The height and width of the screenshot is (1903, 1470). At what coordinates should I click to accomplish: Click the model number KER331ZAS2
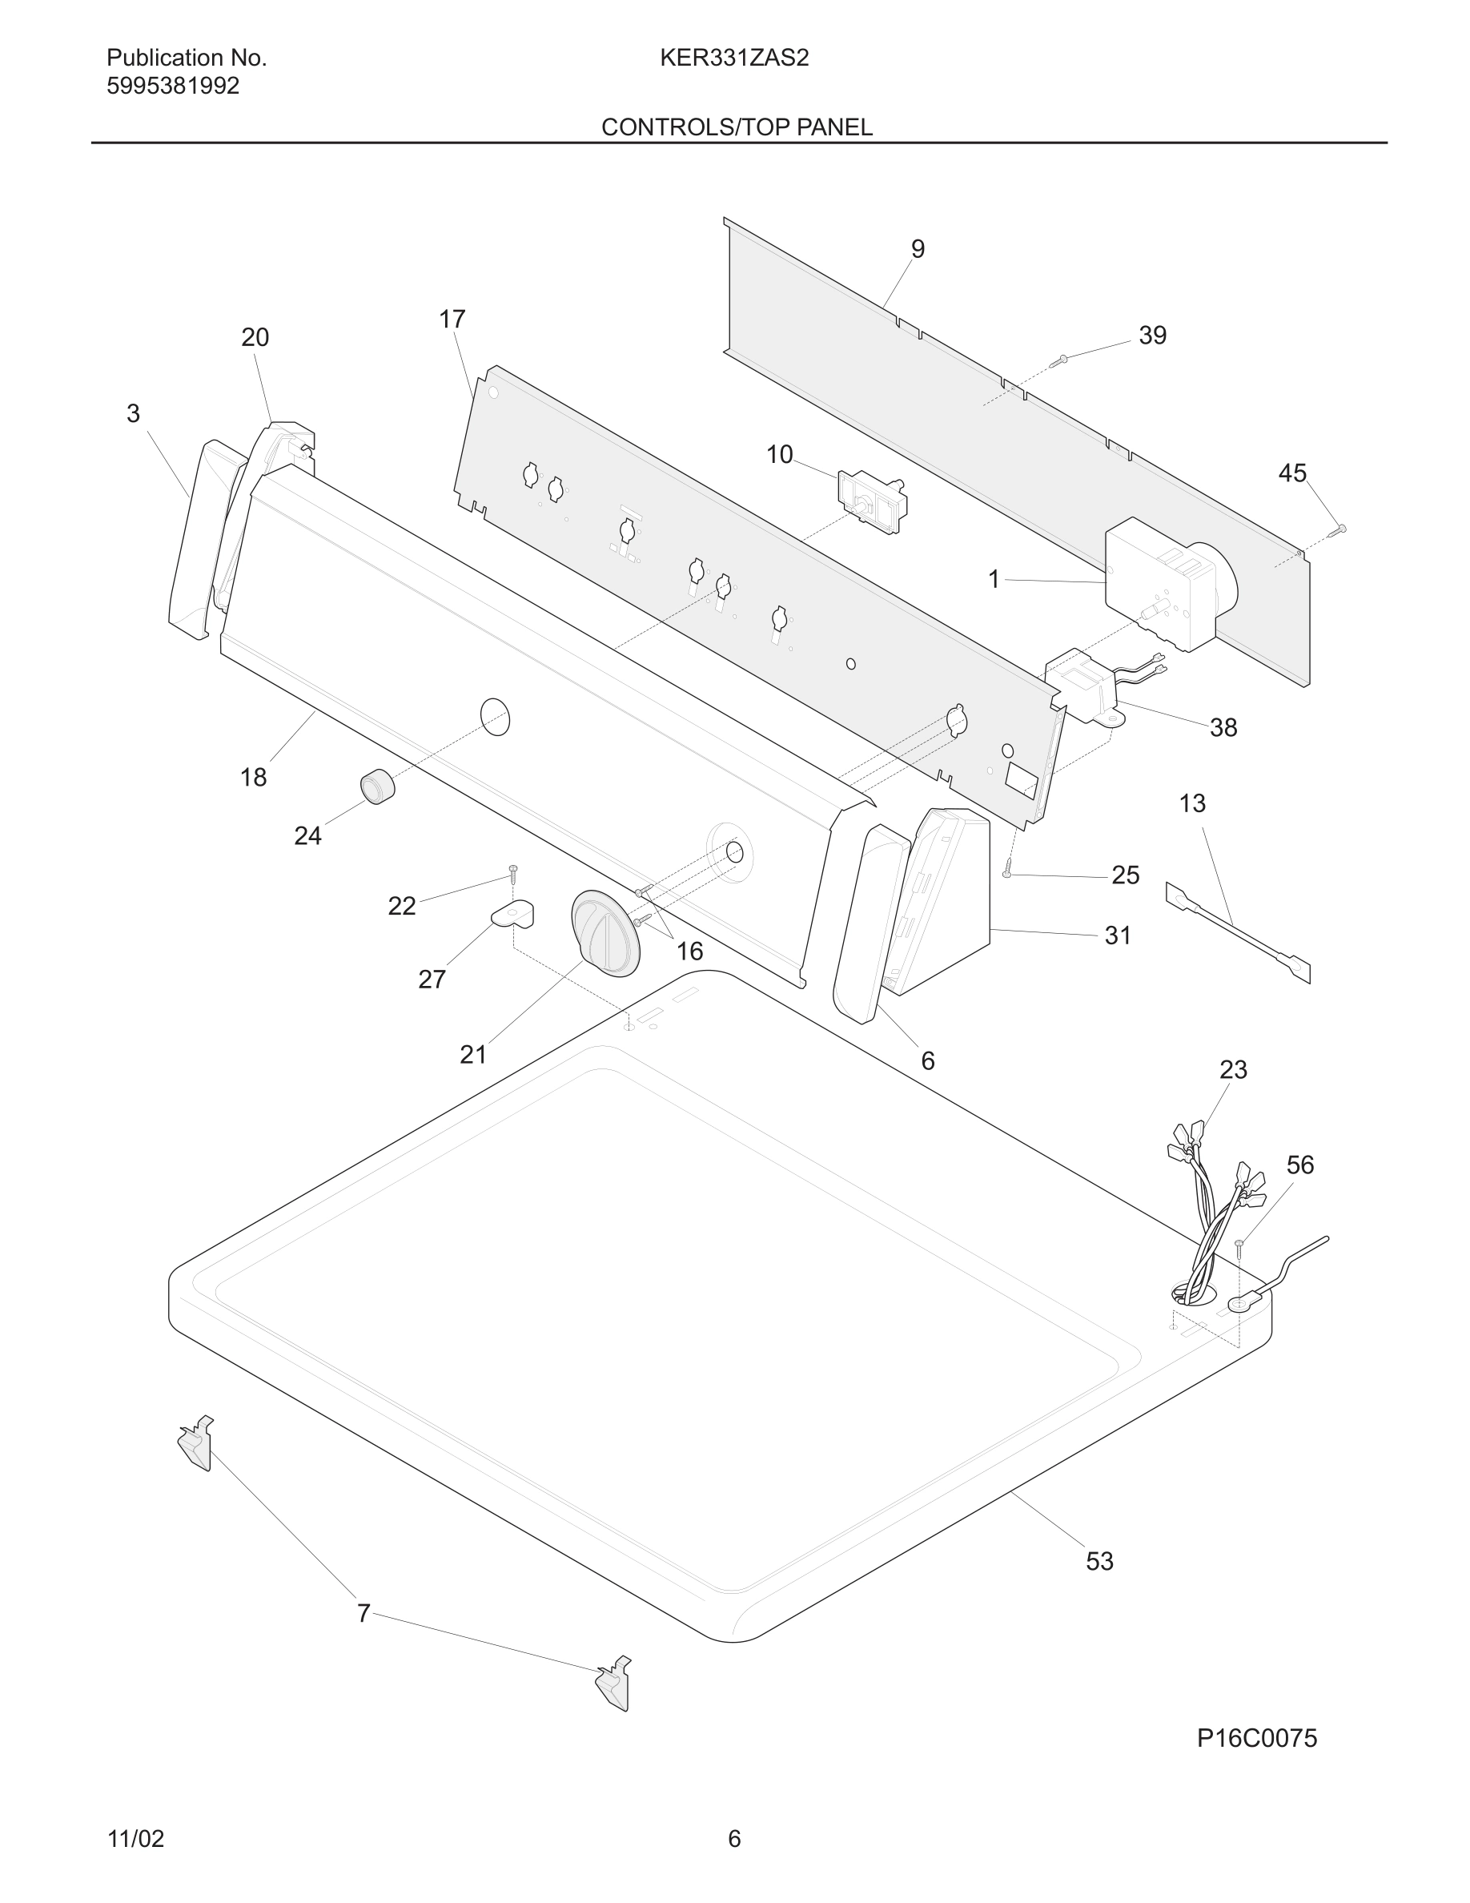click(x=734, y=58)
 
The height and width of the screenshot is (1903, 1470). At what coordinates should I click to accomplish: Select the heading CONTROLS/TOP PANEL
click(x=737, y=127)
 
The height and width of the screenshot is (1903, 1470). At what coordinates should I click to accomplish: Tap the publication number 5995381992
click(x=172, y=86)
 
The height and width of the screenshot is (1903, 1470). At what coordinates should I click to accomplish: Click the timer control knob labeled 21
click(x=604, y=933)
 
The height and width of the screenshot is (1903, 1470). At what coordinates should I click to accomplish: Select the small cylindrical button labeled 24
click(x=377, y=787)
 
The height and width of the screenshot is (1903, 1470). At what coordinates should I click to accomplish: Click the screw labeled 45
click(x=1338, y=529)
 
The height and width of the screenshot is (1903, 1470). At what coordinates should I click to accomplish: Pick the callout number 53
click(x=1099, y=1560)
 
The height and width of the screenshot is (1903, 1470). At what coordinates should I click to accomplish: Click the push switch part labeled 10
click(x=871, y=502)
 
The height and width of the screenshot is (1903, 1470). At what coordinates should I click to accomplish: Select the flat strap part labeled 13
click(x=1237, y=932)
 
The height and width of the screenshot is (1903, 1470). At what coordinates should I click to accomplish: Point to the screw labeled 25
click(x=1007, y=868)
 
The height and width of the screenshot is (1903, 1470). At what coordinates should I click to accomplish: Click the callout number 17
click(x=452, y=320)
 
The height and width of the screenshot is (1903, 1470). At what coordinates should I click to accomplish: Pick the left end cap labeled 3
click(x=196, y=541)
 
